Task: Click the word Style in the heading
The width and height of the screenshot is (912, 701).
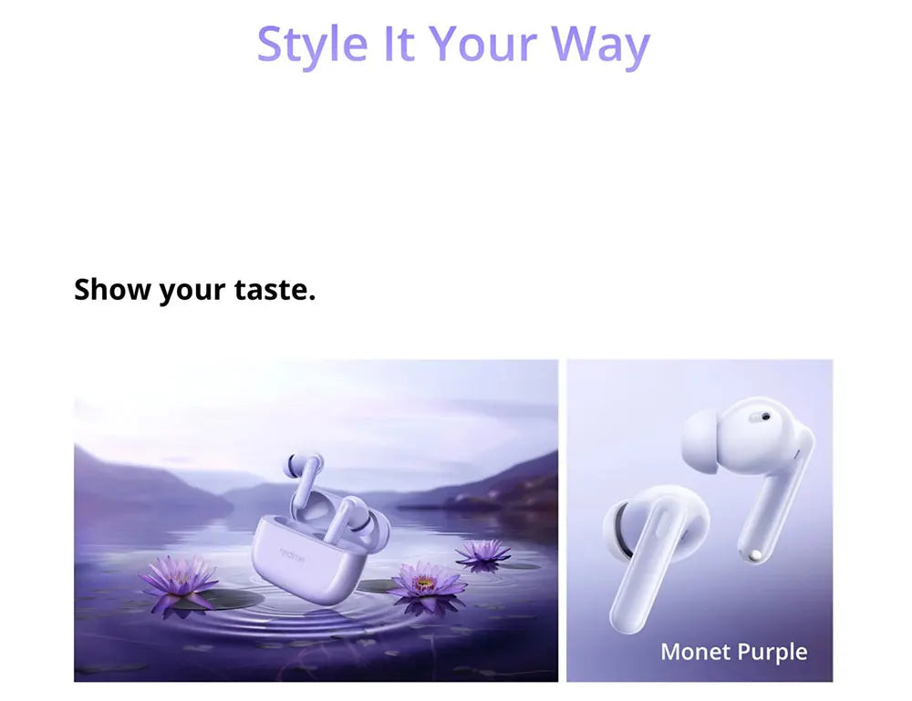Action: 312,44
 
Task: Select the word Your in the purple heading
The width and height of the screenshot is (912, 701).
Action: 481,44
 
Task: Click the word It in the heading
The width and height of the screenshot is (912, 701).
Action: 398,44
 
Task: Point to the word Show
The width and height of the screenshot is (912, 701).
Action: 112,290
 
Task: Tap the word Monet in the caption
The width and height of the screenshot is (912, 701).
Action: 694,652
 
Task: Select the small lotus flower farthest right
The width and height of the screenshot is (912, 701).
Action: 482,552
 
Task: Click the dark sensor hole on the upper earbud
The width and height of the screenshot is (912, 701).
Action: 764,416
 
